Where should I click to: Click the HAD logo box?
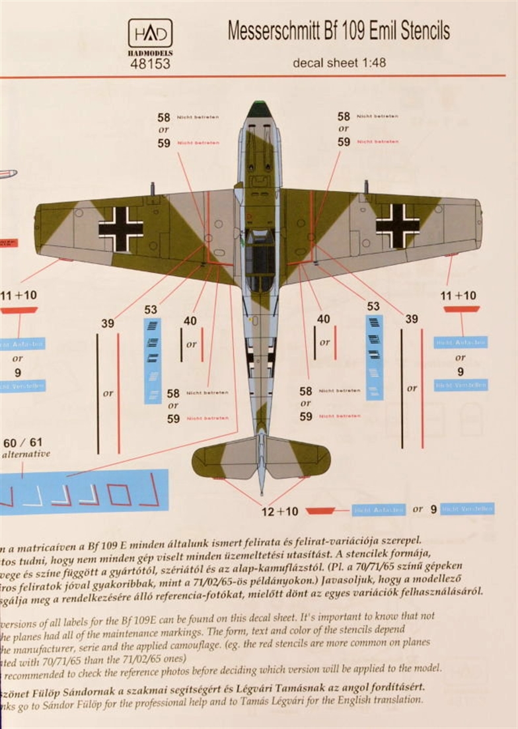pos(150,33)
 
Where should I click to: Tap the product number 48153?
pos(151,64)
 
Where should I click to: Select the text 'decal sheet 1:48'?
pos(340,64)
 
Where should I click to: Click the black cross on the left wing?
pos(121,229)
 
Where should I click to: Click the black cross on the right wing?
pos(397,226)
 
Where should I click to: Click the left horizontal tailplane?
pos(223,458)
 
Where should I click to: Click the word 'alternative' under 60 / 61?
pos(26,454)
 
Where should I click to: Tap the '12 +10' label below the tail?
pos(279,511)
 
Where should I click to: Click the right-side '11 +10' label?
pos(461,296)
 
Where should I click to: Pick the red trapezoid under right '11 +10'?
pos(461,308)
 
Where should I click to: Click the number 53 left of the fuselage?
pos(151,309)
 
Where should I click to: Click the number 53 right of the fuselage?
pos(373,306)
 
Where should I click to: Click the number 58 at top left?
pos(163,117)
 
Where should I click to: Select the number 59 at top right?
pos(344,142)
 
